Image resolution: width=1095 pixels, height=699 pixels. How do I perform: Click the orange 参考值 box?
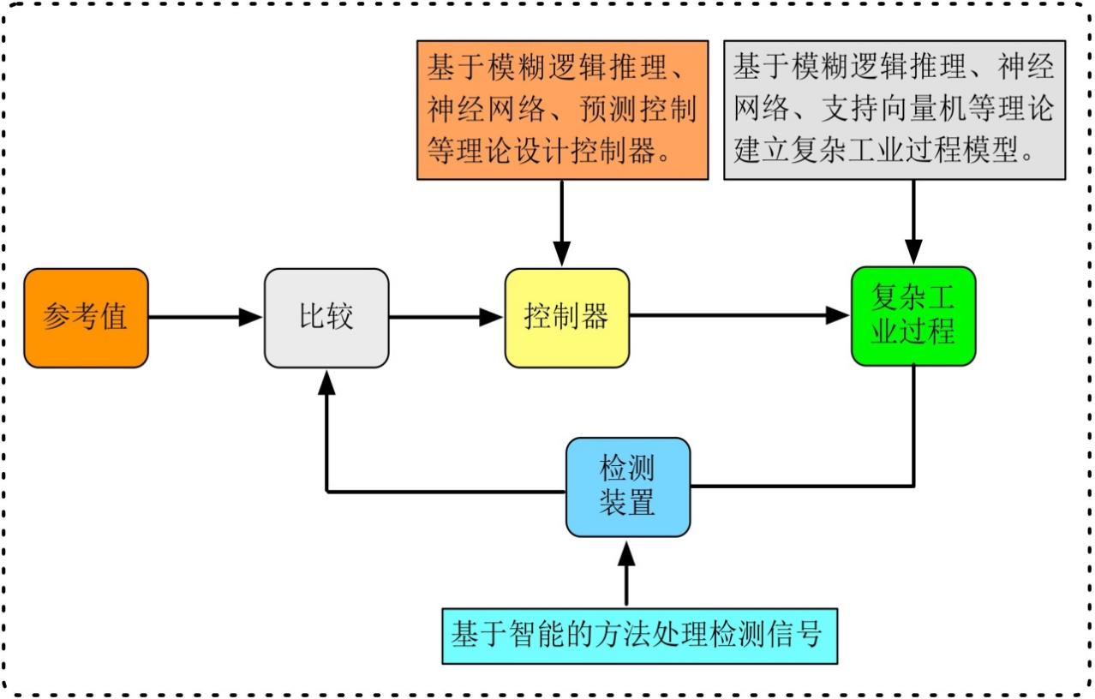[86, 318]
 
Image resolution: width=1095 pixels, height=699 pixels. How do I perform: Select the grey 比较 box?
[326, 318]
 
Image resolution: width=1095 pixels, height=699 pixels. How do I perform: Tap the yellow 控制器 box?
[566, 318]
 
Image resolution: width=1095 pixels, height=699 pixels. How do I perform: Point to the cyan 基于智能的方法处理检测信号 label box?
[639, 636]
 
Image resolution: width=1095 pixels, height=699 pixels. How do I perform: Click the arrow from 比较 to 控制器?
[446, 318]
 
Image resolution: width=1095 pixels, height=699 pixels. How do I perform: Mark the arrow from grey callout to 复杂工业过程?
[913, 221]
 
